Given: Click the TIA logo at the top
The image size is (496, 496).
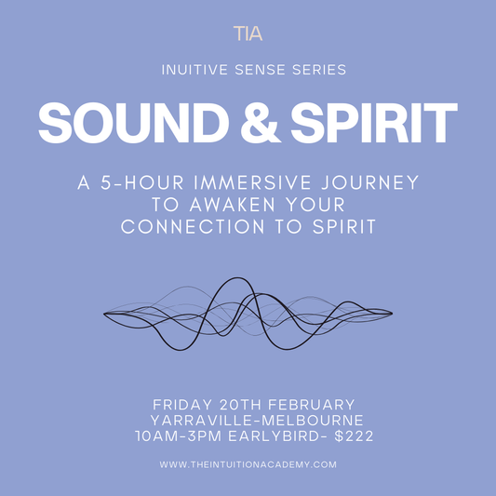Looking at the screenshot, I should (248, 34).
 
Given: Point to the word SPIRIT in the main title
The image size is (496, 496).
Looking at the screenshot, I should (375, 123).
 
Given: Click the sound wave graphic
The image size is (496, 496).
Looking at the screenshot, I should (248, 315).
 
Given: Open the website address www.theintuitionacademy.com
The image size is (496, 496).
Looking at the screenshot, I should (248, 464).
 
